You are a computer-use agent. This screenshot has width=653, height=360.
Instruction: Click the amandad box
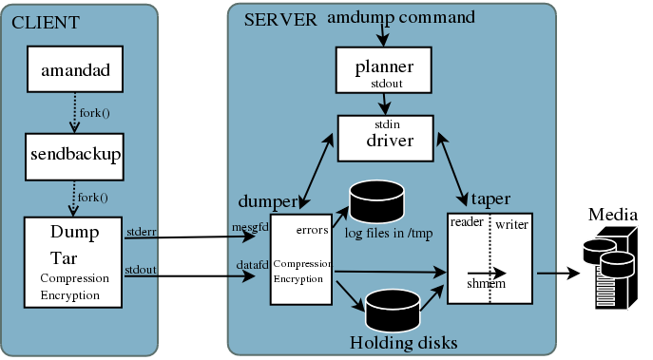point(75,69)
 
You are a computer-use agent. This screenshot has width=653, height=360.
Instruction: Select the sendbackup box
point(74,157)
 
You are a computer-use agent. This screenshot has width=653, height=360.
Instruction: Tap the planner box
point(384,70)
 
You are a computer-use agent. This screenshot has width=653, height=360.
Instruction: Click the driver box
point(386,138)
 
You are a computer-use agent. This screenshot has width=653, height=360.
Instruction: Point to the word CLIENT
point(46,23)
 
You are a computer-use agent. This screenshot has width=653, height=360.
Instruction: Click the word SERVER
point(280,20)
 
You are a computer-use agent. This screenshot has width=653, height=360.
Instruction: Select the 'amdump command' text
point(400,17)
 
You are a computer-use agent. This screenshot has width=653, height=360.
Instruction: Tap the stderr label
point(142,232)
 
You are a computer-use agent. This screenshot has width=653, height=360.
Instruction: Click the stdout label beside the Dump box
point(141,270)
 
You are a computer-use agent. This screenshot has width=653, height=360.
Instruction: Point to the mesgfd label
point(250,228)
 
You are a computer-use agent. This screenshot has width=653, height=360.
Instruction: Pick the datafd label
point(253,265)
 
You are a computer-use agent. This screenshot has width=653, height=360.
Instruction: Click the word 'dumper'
point(268,201)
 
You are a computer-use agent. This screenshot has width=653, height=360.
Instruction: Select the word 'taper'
point(490,199)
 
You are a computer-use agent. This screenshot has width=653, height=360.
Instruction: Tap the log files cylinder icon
point(377,200)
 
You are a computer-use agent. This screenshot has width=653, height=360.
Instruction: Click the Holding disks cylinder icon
point(393,311)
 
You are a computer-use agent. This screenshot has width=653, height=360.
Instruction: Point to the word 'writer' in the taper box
point(511,225)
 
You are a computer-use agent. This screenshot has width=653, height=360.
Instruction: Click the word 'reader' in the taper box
point(467,222)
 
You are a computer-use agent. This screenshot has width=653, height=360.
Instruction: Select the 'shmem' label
point(486,283)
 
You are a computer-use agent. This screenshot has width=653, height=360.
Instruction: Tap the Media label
point(613,215)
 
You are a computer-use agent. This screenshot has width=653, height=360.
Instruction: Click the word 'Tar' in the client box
point(64,258)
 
